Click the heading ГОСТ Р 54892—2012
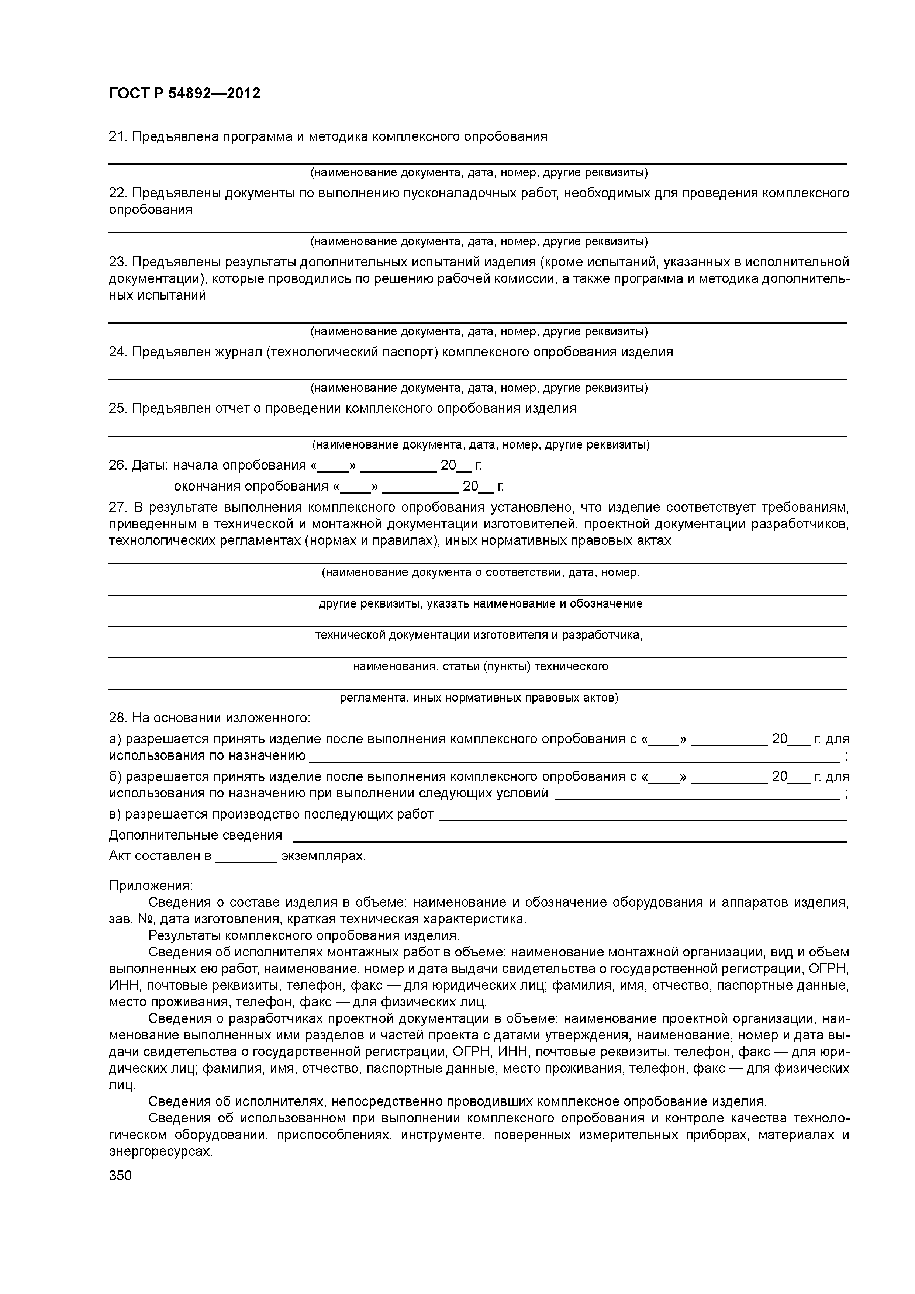pyautogui.click(x=184, y=94)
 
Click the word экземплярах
pyautogui.click(x=323, y=856)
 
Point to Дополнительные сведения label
pyautogui.click(x=195, y=835)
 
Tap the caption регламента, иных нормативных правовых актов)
pyautogui.click(x=479, y=698)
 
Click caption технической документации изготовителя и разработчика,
pyautogui.click(x=479, y=635)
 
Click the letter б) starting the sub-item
pyautogui.click(x=115, y=776)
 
